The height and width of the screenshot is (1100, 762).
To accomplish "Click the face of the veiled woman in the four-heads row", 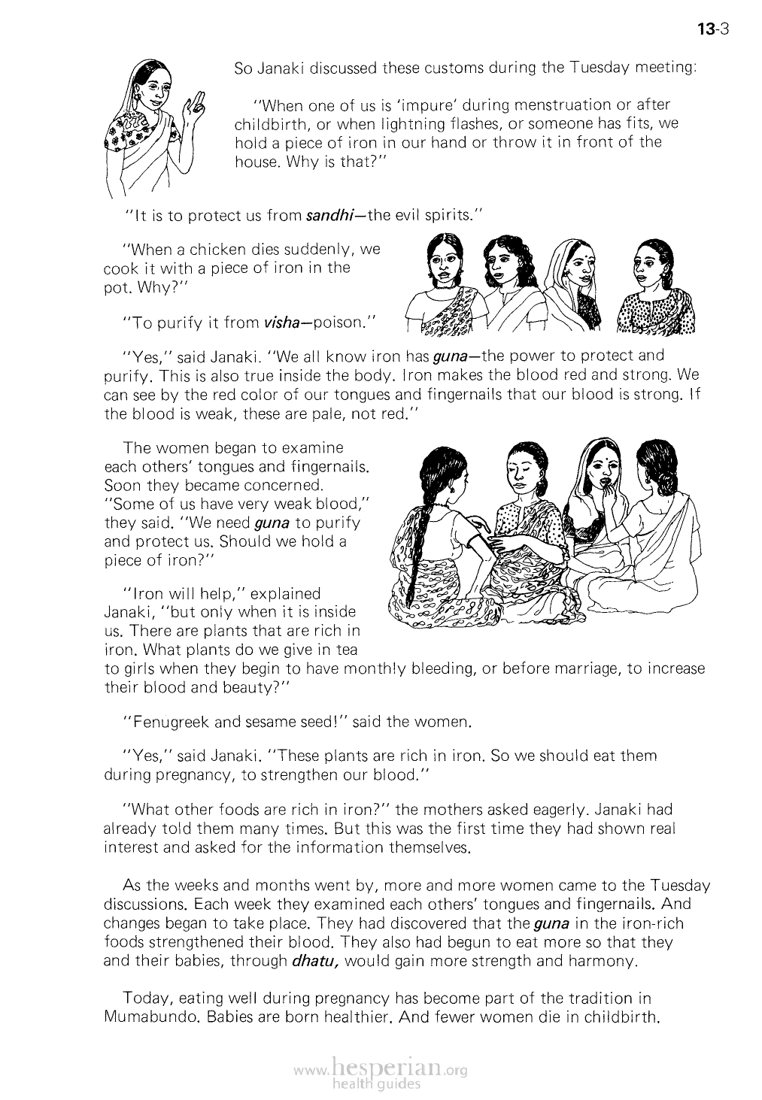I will pyautogui.click(x=576, y=266).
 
